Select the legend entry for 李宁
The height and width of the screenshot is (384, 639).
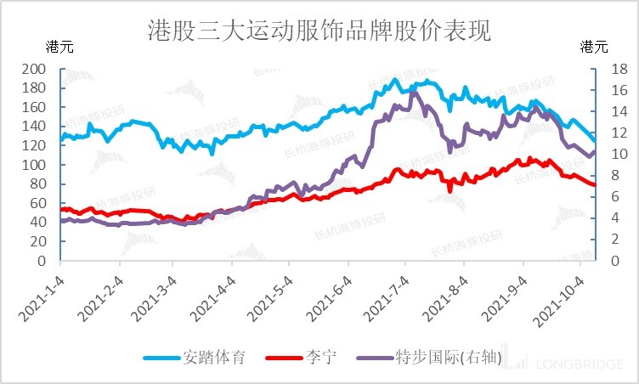pos(320,358)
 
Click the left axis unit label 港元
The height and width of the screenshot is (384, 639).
pos(60,47)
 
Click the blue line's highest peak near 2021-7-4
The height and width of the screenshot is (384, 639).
pos(394,80)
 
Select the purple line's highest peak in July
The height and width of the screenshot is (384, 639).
pos(414,93)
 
